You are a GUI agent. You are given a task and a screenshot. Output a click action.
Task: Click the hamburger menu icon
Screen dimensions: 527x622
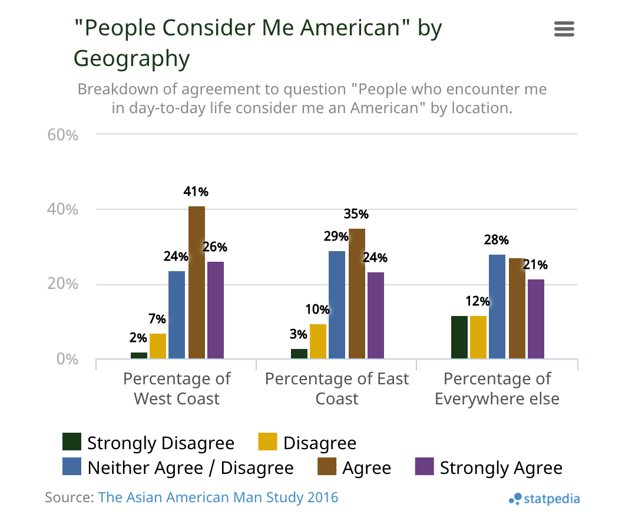pos(564,29)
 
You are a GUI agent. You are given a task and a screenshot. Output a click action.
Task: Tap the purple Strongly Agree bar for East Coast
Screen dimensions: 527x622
pos(376,315)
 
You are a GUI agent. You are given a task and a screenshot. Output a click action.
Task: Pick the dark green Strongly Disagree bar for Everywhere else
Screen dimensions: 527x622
pos(459,337)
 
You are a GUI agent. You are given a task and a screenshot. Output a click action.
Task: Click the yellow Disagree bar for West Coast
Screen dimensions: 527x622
pos(158,345)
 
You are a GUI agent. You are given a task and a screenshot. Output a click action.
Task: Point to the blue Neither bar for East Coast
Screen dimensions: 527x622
pos(337,304)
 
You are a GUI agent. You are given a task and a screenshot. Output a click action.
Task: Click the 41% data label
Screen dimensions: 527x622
pos(196,192)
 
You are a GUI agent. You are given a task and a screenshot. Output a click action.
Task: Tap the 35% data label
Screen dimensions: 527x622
pos(356,213)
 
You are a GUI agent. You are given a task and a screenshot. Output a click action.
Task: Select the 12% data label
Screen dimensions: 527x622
pos(477,301)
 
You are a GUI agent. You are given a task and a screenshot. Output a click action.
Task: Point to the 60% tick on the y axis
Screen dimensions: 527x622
pos(63,135)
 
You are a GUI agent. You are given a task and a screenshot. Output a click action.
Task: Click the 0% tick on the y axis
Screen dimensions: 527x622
pos(67,359)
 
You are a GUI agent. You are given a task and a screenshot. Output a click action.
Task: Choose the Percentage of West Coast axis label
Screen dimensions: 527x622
pos(177,388)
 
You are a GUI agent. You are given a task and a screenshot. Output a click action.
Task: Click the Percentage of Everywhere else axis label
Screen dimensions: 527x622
pos(497,388)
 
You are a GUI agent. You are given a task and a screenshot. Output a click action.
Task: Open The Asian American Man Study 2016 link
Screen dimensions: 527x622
pos(218,497)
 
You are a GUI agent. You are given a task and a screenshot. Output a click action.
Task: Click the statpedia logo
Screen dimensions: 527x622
pos(544,499)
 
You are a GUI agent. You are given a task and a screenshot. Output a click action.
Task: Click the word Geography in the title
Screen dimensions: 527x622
pos(132,58)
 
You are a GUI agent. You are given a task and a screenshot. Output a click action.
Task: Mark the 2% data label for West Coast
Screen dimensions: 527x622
pos(138,338)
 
